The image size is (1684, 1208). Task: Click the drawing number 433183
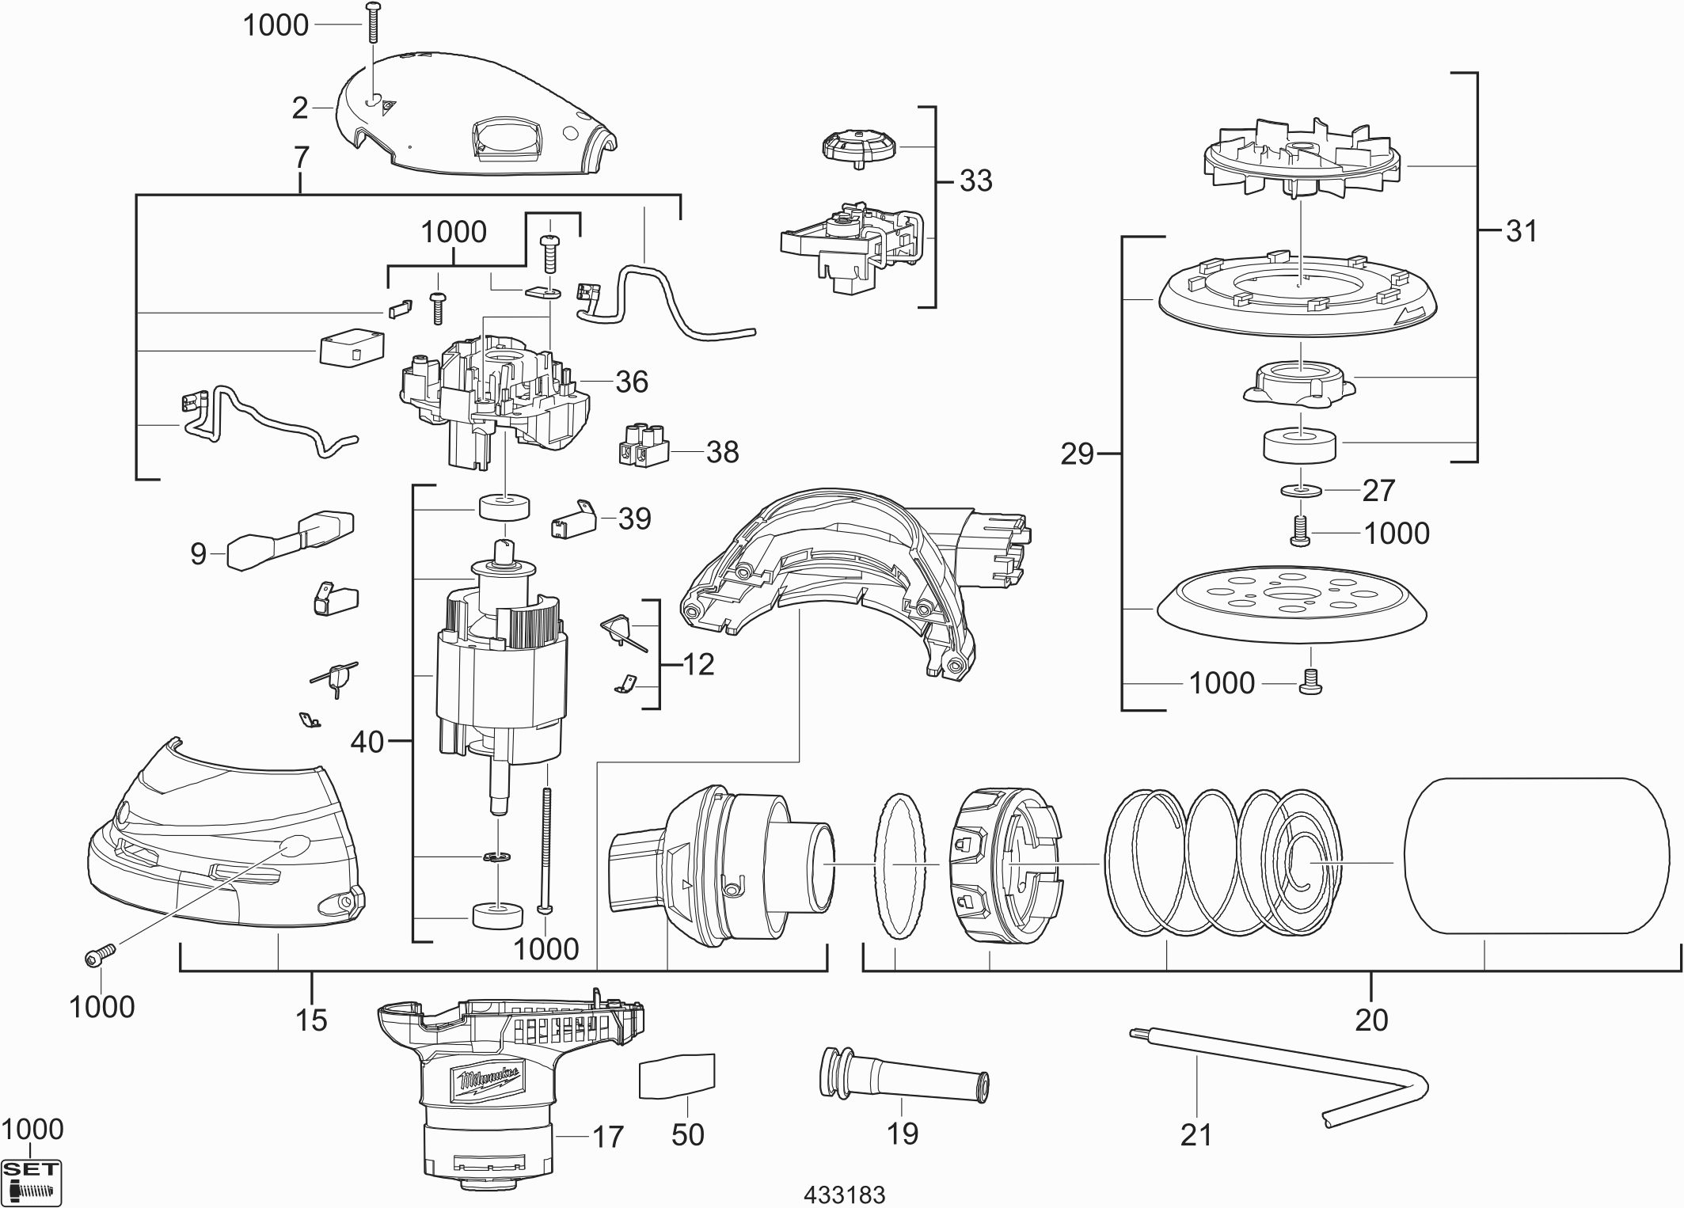click(844, 1194)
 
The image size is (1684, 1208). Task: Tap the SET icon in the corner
click(32, 1183)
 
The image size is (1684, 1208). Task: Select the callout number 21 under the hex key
click(1196, 1134)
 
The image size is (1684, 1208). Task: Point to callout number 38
click(721, 452)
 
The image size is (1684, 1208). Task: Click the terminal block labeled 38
click(642, 444)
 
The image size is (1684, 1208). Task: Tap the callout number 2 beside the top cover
click(299, 108)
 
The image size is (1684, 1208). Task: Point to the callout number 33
click(975, 180)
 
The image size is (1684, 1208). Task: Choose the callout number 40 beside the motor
click(367, 742)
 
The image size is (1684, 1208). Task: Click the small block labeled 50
click(677, 1076)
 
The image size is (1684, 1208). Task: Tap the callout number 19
click(902, 1134)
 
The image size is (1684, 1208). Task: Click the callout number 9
click(198, 553)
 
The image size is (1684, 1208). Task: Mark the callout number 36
click(632, 382)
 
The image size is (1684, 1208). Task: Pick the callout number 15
click(311, 1020)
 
